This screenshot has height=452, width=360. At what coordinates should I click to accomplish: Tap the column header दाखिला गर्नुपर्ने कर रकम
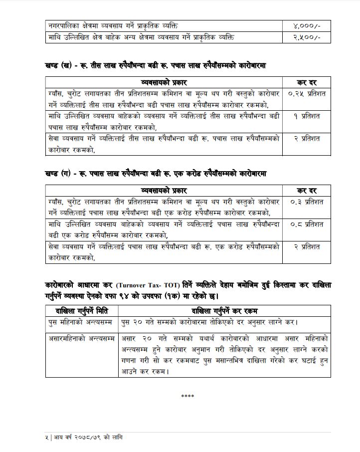[224, 311]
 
